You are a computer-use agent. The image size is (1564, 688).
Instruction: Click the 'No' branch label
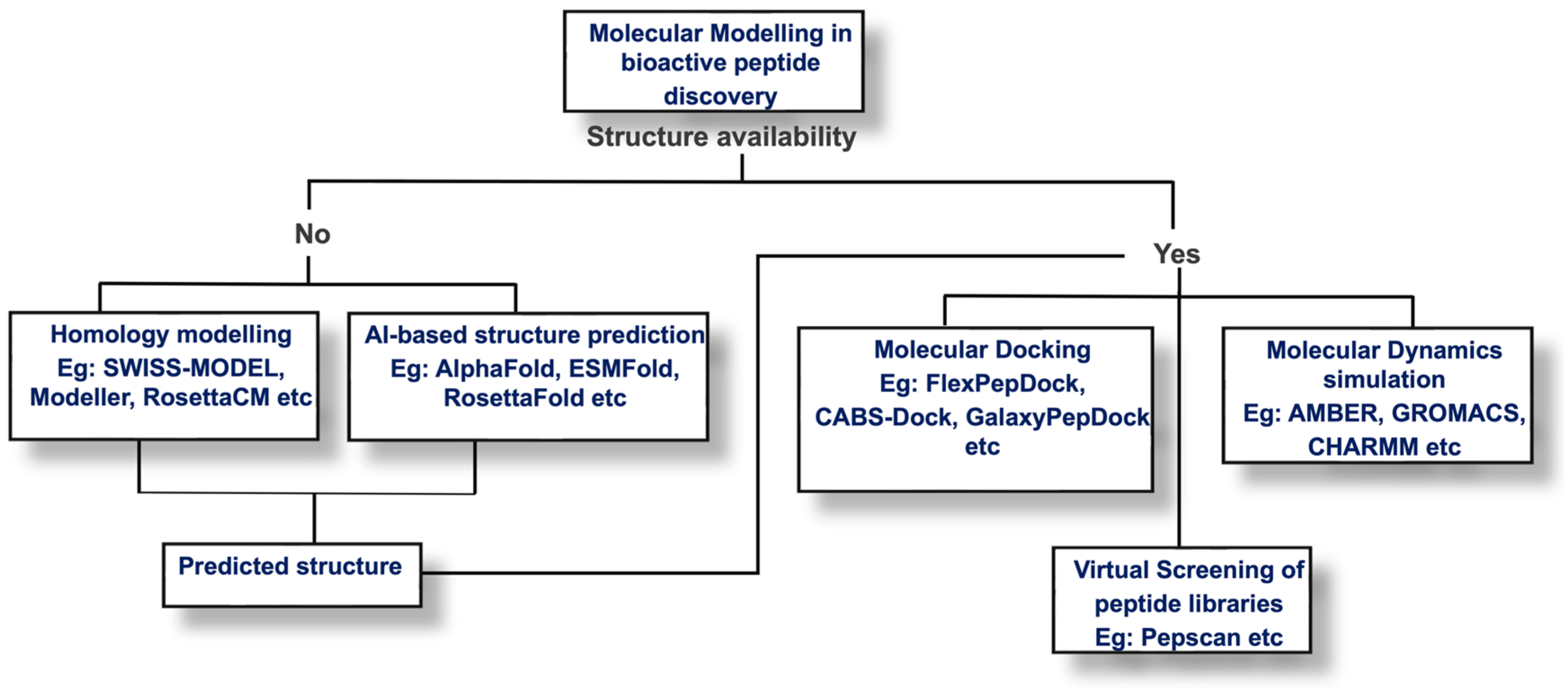pos(312,234)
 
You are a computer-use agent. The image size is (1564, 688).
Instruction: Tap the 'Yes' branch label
pos(1176,254)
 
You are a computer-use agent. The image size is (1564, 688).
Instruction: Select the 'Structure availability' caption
pos(721,137)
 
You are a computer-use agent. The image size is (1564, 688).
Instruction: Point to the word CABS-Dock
pos(884,417)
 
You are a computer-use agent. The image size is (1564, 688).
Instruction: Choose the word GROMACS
pos(1457,413)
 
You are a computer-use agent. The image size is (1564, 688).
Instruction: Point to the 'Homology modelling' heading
pos(171,335)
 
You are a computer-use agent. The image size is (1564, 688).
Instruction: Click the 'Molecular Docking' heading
pos(982,350)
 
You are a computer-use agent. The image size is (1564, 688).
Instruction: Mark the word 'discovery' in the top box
pos(720,97)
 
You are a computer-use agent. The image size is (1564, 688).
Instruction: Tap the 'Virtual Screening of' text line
pos(1188,570)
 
